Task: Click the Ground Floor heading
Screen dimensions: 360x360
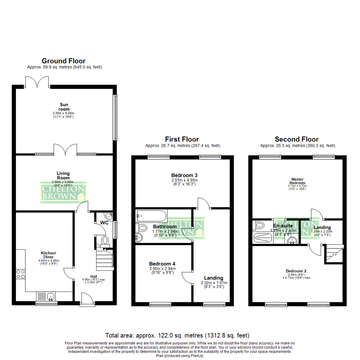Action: point(63,61)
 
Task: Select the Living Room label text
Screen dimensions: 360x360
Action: point(63,175)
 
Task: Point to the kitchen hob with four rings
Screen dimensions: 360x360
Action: point(20,274)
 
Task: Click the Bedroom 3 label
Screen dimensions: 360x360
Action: point(182,175)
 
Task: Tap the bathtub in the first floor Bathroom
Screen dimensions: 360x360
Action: point(152,216)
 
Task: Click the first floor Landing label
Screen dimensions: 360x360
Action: point(213,278)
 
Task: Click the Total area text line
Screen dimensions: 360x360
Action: point(177,335)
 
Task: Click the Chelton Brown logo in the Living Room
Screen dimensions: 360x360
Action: point(63,192)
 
